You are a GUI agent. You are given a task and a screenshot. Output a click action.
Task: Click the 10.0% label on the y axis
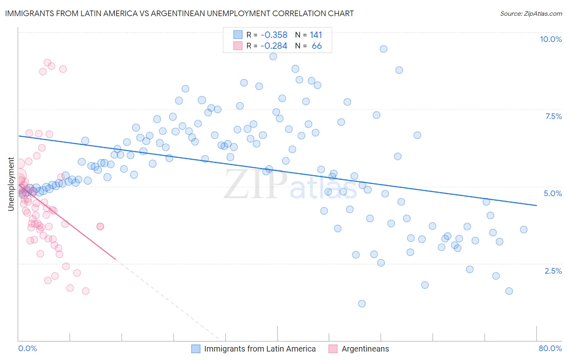coord(550,39)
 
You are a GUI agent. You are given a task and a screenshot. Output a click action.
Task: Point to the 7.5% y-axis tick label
coord(553,116)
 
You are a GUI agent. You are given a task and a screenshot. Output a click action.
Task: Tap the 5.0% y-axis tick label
coord(552,193)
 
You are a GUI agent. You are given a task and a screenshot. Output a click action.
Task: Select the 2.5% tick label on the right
coord(553,271)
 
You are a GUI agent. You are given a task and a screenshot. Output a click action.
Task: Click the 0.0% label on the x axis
coord(27,348)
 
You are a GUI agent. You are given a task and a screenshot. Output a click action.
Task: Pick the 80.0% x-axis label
coord(550,348)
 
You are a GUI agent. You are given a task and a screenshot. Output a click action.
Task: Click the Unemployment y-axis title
coord(11,184)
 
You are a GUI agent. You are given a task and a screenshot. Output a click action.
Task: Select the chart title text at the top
coord(179,13)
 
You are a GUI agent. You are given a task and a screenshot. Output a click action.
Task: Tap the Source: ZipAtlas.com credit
coord(531,13)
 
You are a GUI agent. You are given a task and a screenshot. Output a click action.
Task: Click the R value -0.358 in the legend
coord(274,35)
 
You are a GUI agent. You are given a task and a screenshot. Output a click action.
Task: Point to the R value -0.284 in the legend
coord(274,46)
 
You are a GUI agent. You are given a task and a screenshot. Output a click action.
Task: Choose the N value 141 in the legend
coord(316,35)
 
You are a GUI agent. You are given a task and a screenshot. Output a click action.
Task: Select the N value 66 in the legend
coord(317,46)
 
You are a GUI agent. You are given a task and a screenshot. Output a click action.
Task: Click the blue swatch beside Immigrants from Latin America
coord(196,349)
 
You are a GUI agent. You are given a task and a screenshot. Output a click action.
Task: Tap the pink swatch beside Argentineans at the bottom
coord(333,349)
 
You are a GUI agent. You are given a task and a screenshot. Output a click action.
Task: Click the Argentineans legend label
coord(365,349)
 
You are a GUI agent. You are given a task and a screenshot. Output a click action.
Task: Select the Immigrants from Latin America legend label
coord(260,349)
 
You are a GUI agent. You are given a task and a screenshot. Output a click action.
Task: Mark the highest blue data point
coord(384,49)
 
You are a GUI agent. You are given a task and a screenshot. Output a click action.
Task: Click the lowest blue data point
coord(362,303)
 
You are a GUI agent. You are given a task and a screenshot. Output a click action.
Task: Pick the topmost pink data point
coord(47,63)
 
